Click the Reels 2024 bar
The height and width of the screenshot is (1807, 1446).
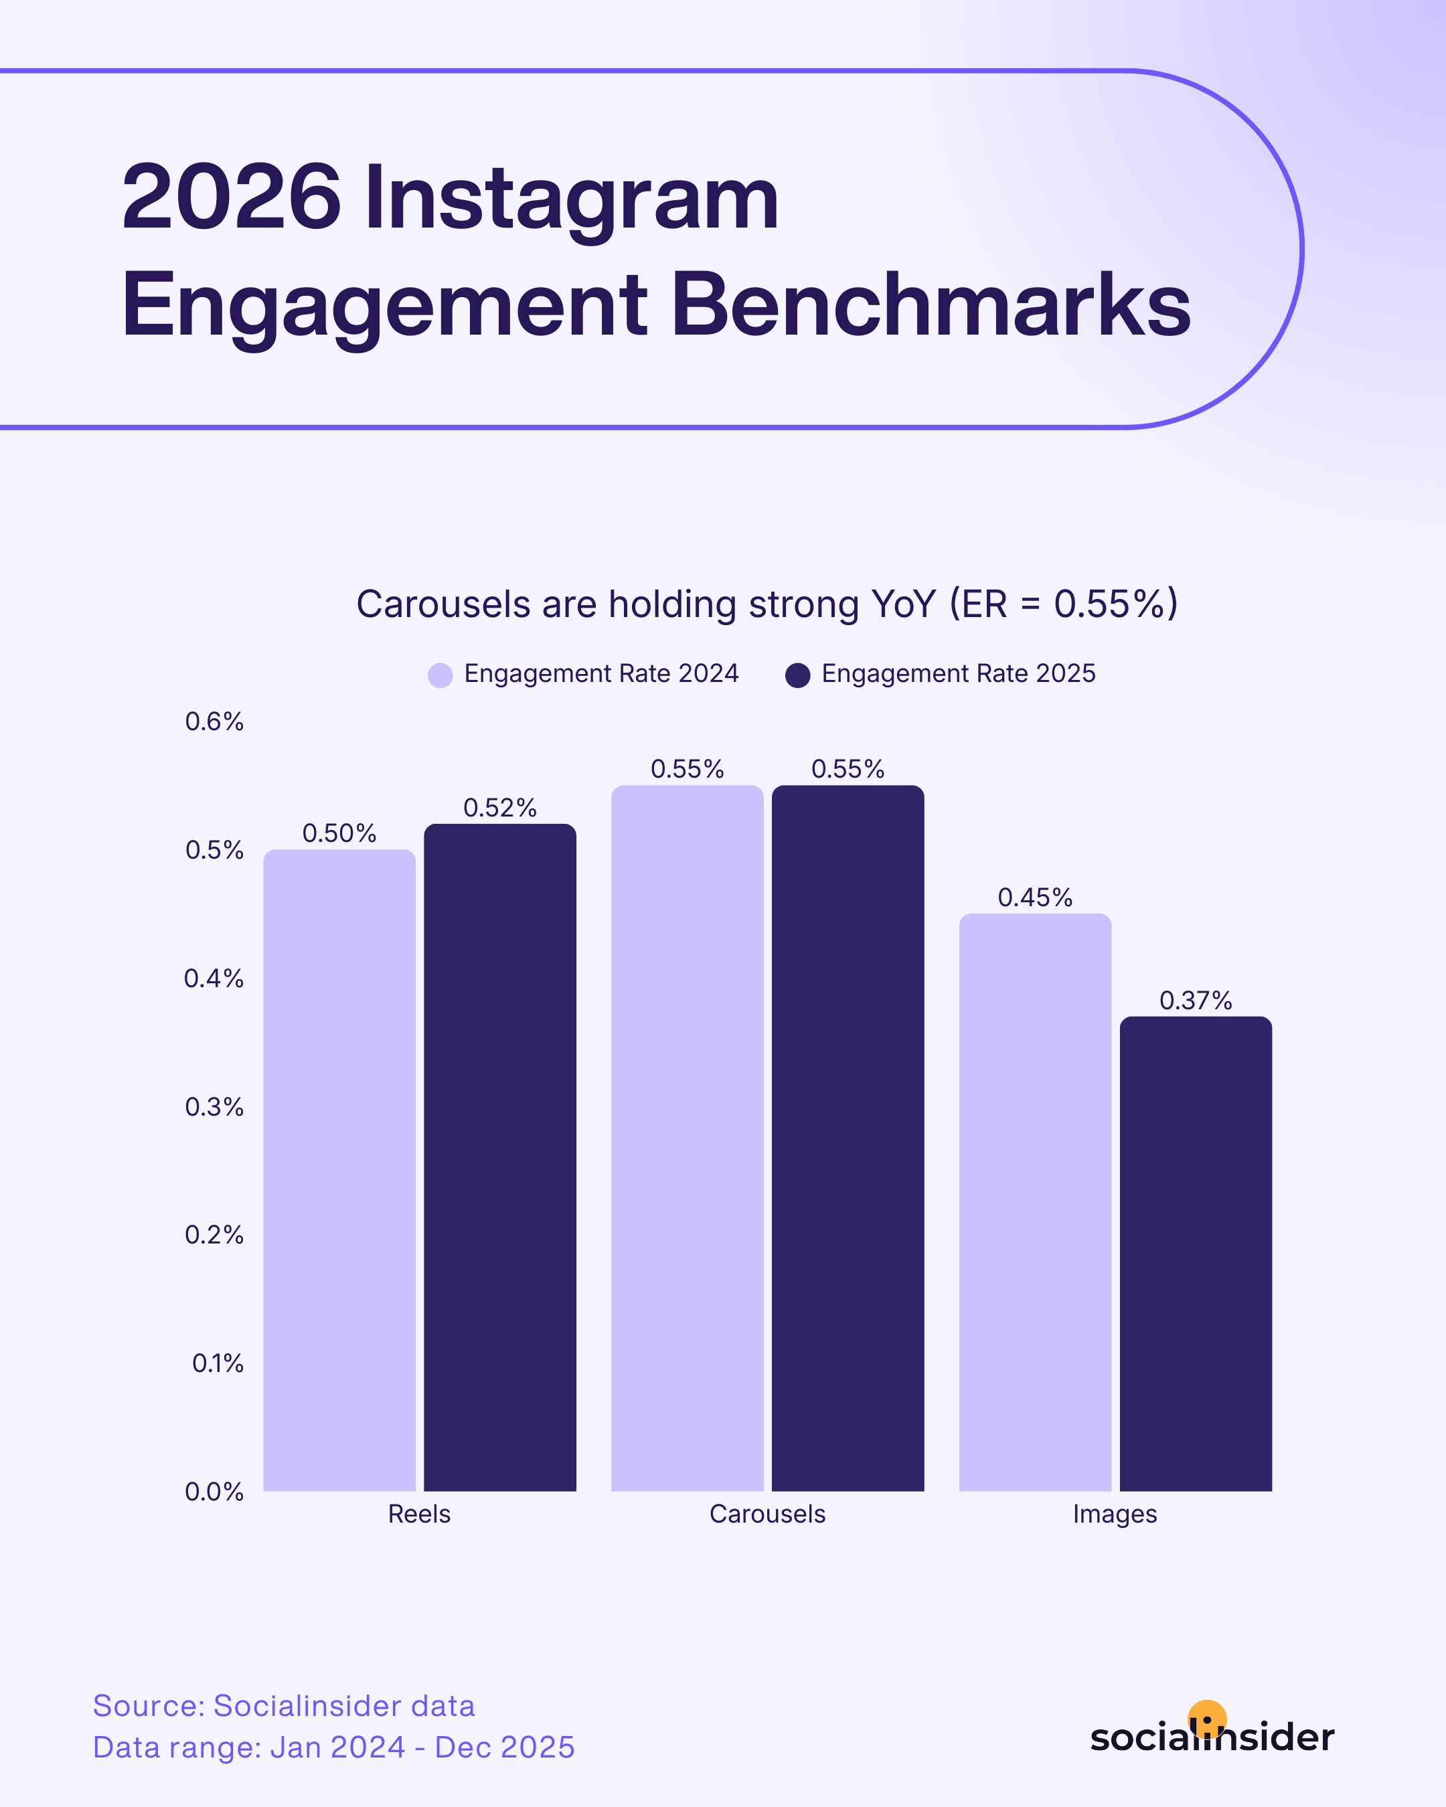[x=339, y=1173]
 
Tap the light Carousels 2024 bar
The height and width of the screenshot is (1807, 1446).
[x=688, y=1140]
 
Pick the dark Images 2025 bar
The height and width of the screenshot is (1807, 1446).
[x=1196, y=1257]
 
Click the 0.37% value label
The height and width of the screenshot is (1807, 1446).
[x=1196, y=1001]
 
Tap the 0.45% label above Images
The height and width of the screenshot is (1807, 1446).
[x=1034, y=897]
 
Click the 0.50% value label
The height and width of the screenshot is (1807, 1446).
[x=339, y=833]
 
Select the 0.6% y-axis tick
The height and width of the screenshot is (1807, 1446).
[x=215, y=721]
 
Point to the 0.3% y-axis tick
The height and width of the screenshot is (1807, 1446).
[x=215, y=1107]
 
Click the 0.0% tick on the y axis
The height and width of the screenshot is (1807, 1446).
[x=215, y=1492]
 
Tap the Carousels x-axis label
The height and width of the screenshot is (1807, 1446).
[x=767, y=1515]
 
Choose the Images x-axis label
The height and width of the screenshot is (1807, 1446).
[x=1115, y=1515]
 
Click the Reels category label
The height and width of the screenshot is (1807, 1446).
[x=419, y=1515]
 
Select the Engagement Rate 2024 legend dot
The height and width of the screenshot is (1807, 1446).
[x=440, y=675]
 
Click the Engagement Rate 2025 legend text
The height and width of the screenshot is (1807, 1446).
[x=958, y=674]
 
